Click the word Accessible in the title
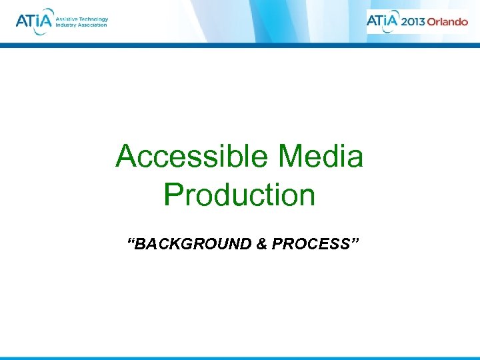coord(191,157)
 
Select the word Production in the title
coord(239,195)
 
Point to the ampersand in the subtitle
coord(261,244)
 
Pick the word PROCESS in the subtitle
coord(310,244)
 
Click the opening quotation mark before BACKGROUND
coord(131,241)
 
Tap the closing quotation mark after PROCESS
coord(355,241)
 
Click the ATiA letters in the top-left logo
coord(33,21)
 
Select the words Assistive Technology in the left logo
coord(81,19)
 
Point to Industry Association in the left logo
coord(81,25)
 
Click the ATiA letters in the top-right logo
coord(383,21)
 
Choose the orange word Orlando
coord(447,21)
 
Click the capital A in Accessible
coord(126,157)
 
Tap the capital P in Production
coord(172,195)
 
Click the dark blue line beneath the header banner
coord(240,45)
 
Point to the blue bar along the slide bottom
coord(240,358)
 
